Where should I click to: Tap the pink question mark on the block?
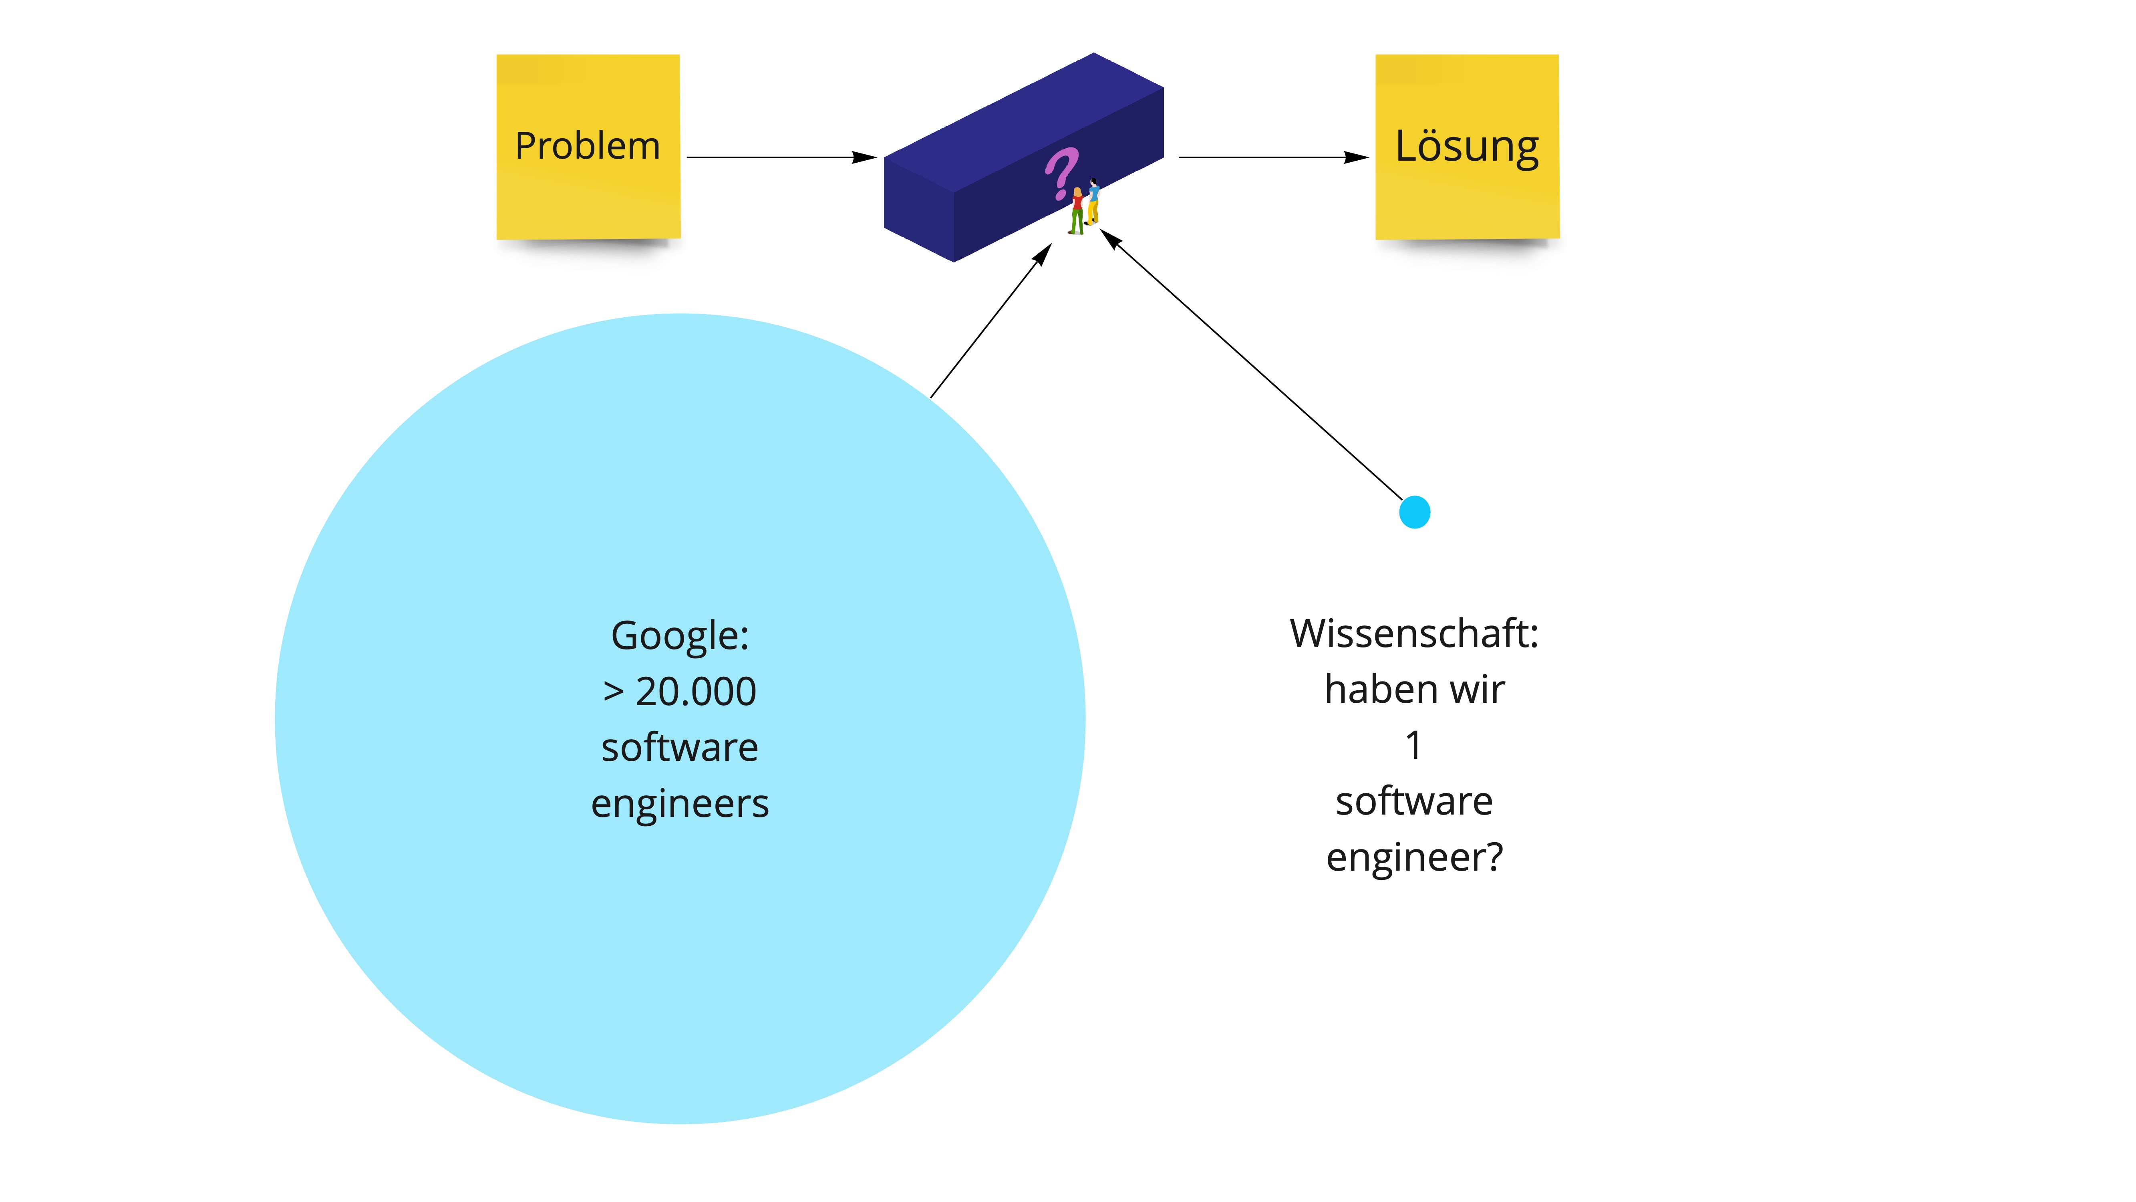[x=1061, y=173]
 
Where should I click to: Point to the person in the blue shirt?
[x=1094, y=202]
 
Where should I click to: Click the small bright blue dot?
[x=1415, y=512]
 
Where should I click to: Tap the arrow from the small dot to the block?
[x=1252, y=365]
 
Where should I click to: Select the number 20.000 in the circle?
[x=696, y=692]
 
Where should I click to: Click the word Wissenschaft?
[x=1414, y=634]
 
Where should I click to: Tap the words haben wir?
[x=1414, y=689]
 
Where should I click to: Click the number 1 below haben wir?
[x=1414, y=745]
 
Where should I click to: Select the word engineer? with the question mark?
[x=1414, y=857]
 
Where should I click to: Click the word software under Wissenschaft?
[x=1414, y=801]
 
